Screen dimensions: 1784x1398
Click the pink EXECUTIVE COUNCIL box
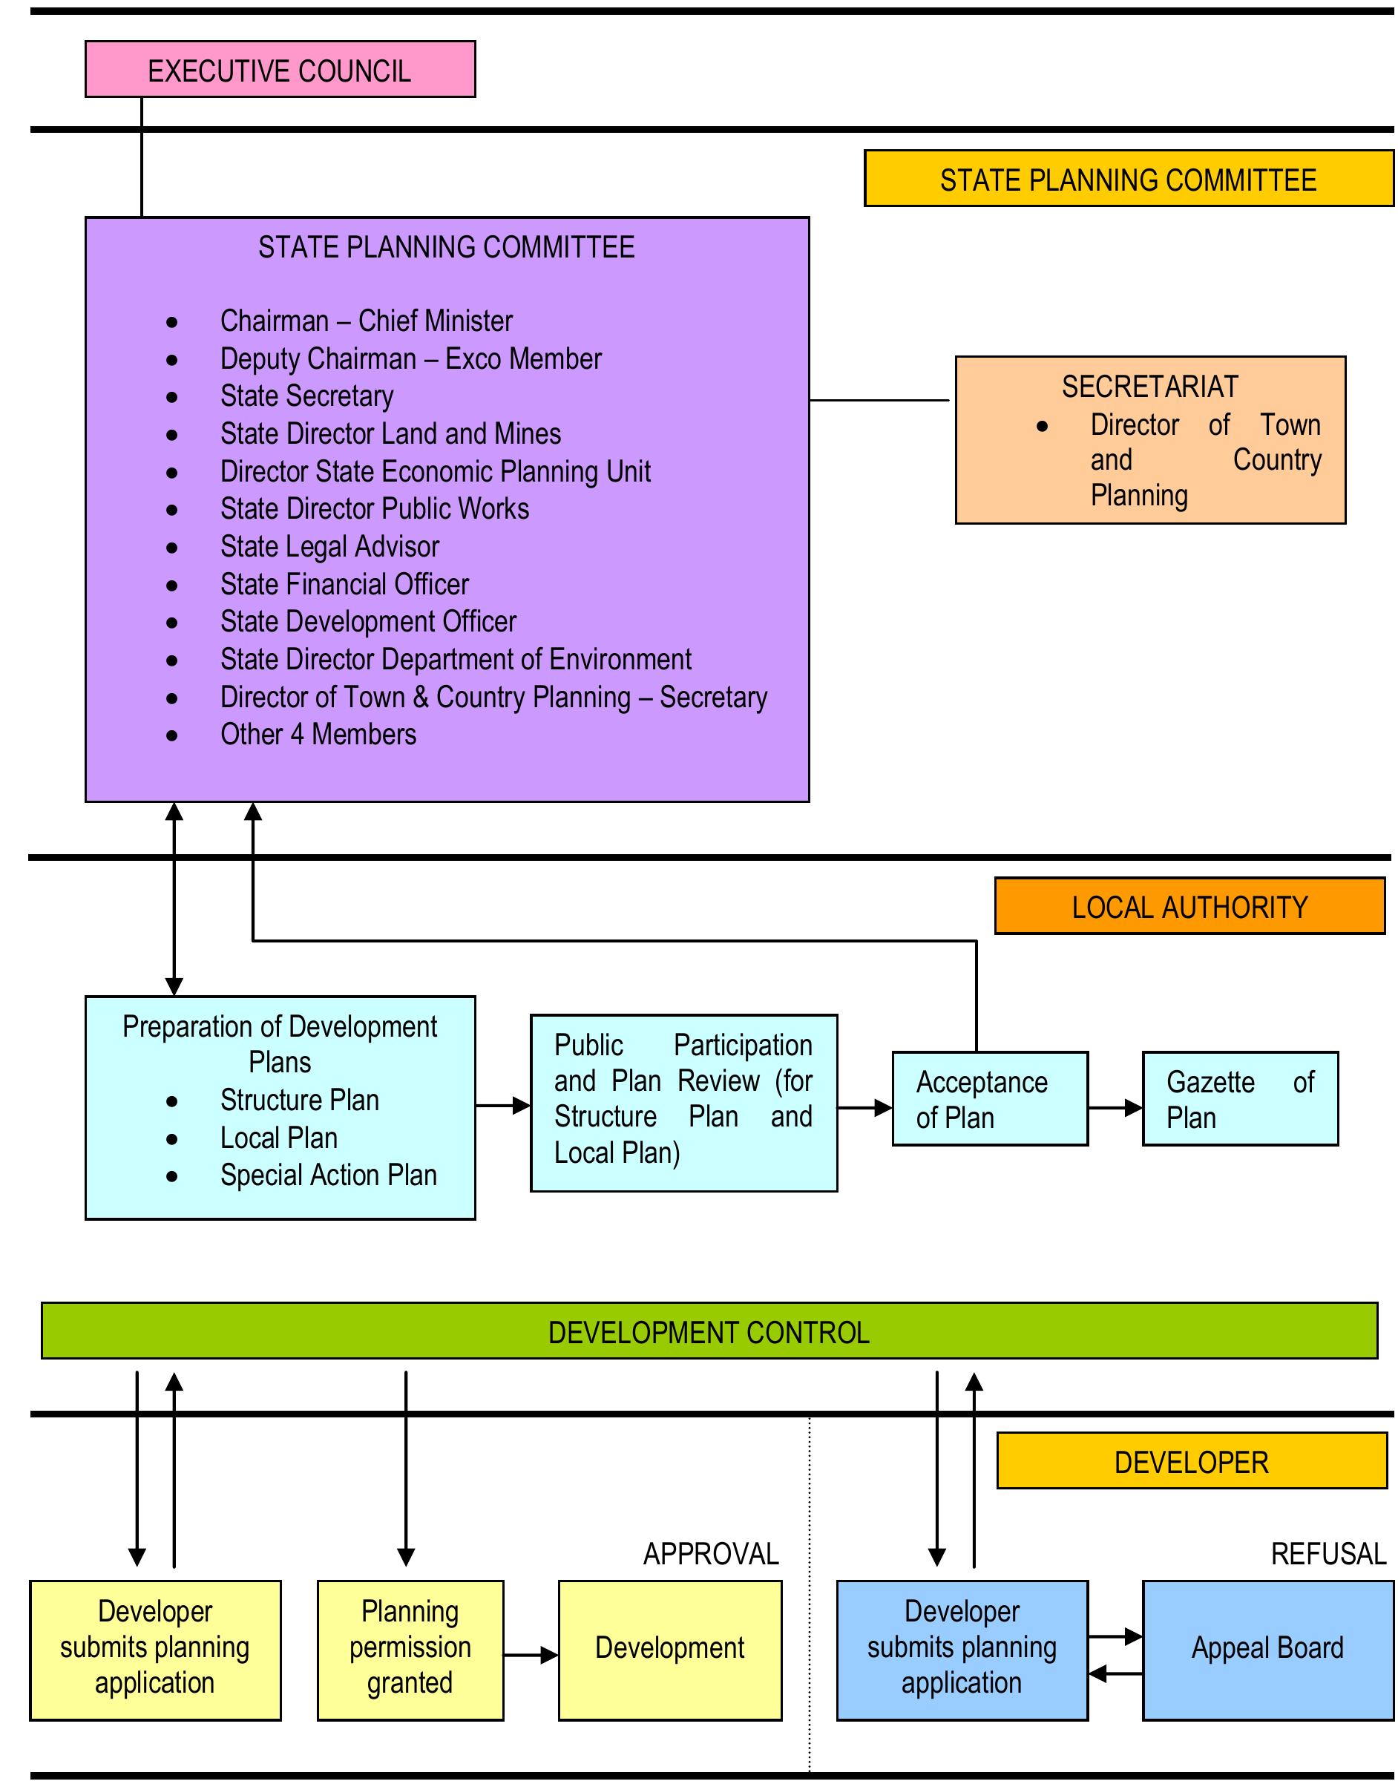pyautogui.click(x=280, y=70)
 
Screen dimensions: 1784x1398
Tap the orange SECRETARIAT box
pyautogui.click(x=1150, y=439)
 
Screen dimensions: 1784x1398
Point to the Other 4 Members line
pyautogui.click(x=318, y=734)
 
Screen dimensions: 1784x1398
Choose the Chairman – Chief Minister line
pyautogui.click(x=366, y=320)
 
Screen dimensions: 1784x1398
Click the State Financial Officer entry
pyautogui.click(x=344, y=583)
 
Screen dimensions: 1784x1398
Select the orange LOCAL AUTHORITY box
pyautogui.click(x=1189, y=906)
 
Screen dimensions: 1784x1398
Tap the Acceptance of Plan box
pyautogui.click(x=990, y=1098)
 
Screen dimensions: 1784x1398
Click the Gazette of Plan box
pyautogui.click(x=1239, y=1098)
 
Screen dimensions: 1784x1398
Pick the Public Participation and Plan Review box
pyautogui.click(x=683, y=1102)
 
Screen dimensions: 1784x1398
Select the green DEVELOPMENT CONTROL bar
pyautogui.click(x=709, y=1331)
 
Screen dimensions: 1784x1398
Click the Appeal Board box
pyautogui.click(x=1267, y=1647)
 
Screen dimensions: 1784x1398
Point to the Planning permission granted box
pyautogui.click(x=410, y=1647)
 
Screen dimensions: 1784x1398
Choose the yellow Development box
pyautogui.click(x=669, y=1647)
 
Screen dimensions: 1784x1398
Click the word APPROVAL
pyautogui.click(x=710, y=1553)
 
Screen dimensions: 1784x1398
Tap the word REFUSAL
pyautogui.click(x=1328, y=1553)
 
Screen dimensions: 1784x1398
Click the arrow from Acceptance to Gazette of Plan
pyautogui.click(x=1115, y=1108)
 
